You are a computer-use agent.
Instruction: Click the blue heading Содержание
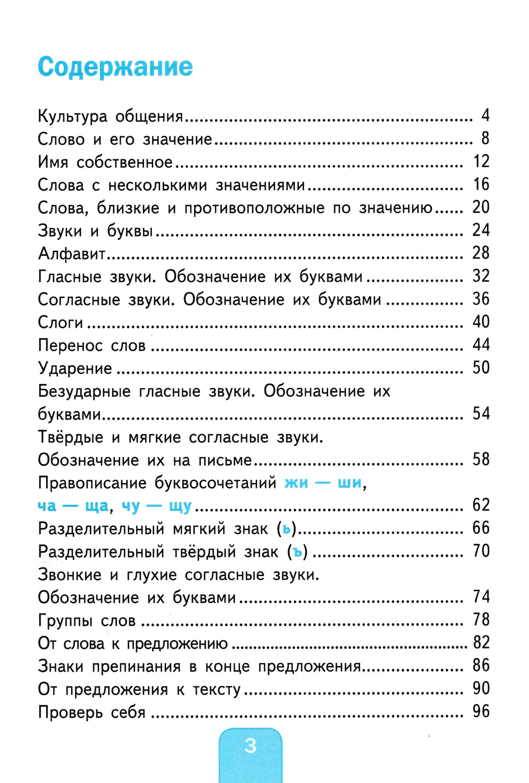pyautogui.click(x=115, y=67)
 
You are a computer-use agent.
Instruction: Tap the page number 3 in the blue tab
pyautogui.click(x=250, y=745)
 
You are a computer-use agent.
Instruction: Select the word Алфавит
pyautogui.click(x=72, y=253)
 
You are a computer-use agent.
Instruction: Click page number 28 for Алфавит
pyautogui.click(x=481, y=253)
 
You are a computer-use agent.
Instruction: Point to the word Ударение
pyautogui.click(x=75, y=368)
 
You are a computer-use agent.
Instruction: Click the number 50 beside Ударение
pyautogui.click(x=481, y=368)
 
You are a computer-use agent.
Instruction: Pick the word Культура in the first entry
pyautogui.click(x=72, y=117)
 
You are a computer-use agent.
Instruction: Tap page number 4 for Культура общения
pyautogui.click(x=485, y=116)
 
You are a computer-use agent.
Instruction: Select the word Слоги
pyautogui.click(x=60, y=323)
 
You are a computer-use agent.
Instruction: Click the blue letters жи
pyautogui.click(x=296, y=483)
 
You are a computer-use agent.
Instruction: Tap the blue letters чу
pyautogui.click(x=131, y=506)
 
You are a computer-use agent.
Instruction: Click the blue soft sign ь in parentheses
pyautogui.click(x=287, y=529)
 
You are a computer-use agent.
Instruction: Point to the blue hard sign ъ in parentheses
pyautogui.click(x=297, y=552)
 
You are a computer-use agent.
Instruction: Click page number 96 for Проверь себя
pyautogui.click(x=481, y=711)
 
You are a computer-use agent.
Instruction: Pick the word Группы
pyautogui.click(x=65, y=621)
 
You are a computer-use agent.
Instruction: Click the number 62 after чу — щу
pyautogui.click(x=481, y=505)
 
